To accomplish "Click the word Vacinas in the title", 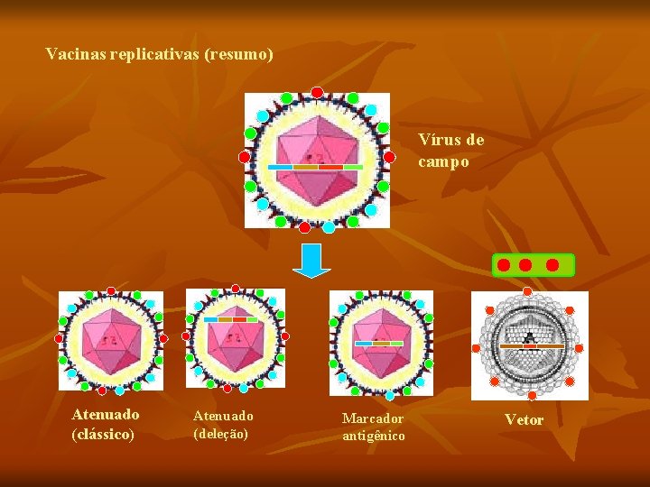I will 76,54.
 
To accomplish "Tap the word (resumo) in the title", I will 238,54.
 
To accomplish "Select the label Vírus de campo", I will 450,151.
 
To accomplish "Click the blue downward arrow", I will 312,260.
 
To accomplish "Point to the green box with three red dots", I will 533,265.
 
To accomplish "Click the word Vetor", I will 524,419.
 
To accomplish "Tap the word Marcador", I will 373,418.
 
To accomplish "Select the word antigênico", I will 374,436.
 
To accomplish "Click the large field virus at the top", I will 317,160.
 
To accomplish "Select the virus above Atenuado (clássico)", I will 111,342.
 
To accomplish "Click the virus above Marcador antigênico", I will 380,342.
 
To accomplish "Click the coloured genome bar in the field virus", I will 316,167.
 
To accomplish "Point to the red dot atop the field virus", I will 317,92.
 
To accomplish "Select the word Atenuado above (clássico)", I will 106,415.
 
